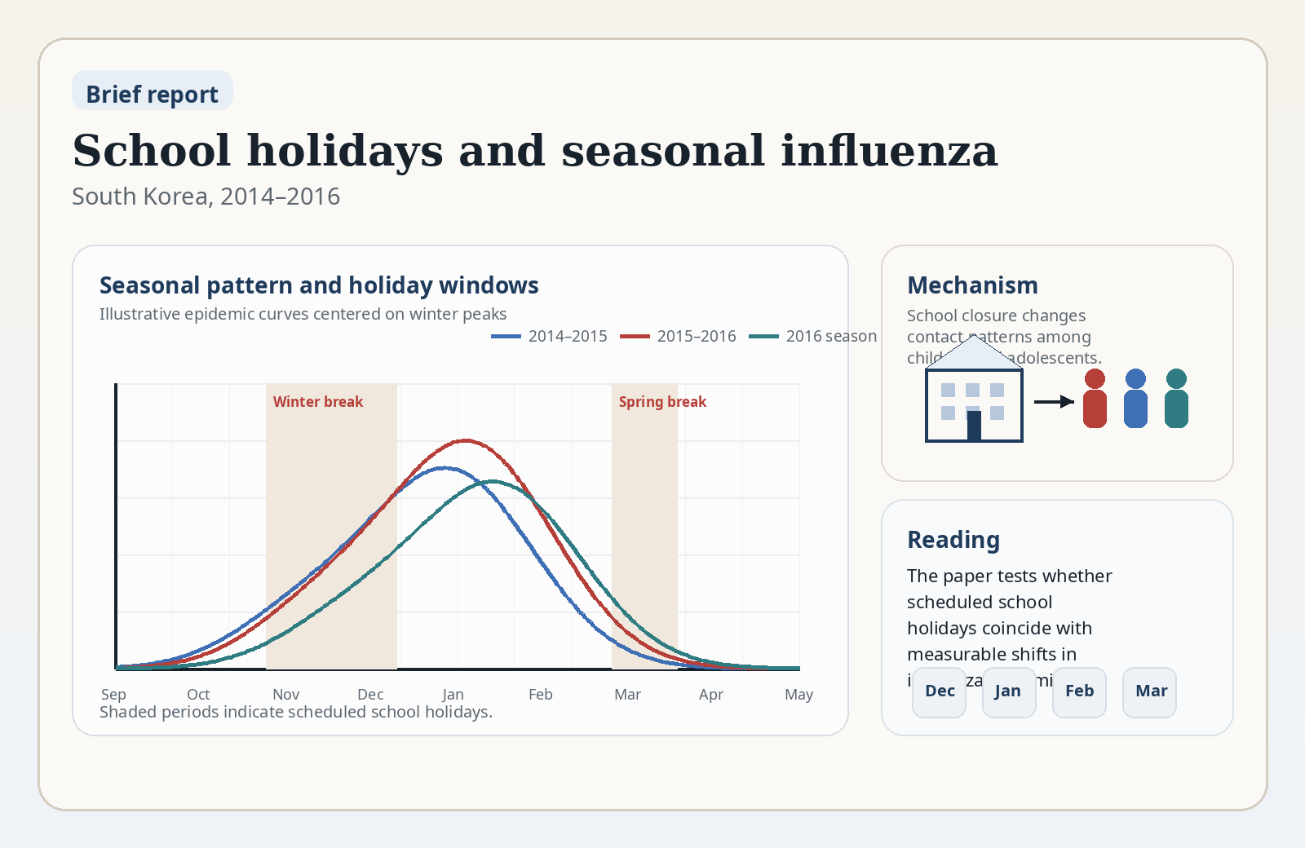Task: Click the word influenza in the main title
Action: pos(888,151)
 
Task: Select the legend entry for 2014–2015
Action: pos(550,336)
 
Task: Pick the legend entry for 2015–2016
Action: pos(679,336)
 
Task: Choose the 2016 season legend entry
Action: pos(813,336)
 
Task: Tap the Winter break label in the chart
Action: pos(318,402)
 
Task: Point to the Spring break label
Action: pos(662,402)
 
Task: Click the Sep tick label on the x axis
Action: pos(113,695)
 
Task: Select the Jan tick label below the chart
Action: pos(453,695)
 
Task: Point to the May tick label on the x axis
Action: pos(798,695)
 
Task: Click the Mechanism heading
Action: pos(972,285)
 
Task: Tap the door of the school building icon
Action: pos(974,426)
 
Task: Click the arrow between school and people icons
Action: pos(1054,401)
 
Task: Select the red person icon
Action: pos(1095,399)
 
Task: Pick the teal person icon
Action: pos(1176,399)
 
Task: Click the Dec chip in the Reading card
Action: pos(939,691)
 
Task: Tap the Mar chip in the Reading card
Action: pos(1150,691)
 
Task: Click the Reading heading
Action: pos(953,540)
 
